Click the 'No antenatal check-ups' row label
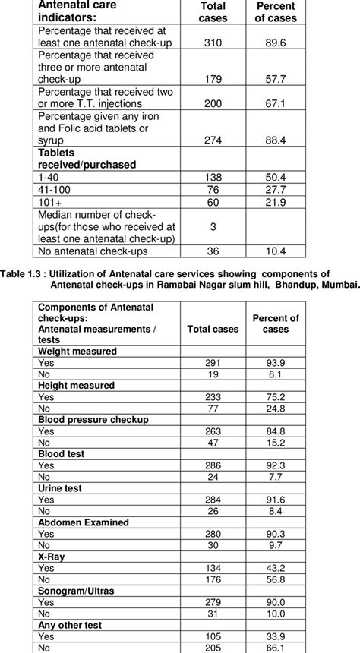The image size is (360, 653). pyautogui.click(x=93, y=251)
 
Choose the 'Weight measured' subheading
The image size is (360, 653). pyautogui.click(x=77, y=352)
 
